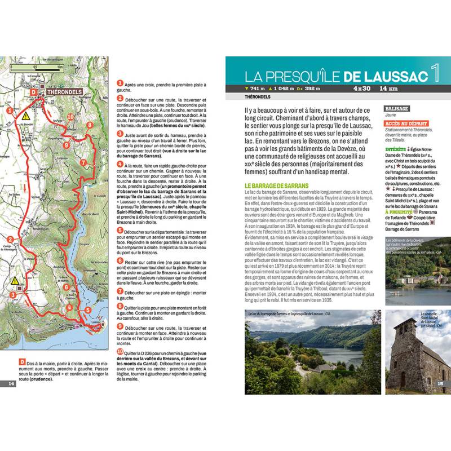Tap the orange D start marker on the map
[33, 91]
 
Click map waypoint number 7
[83, 162]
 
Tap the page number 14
[11, 384]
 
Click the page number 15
[440, 384]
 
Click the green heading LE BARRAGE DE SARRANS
[277, 185]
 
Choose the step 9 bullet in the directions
[120, 326]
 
